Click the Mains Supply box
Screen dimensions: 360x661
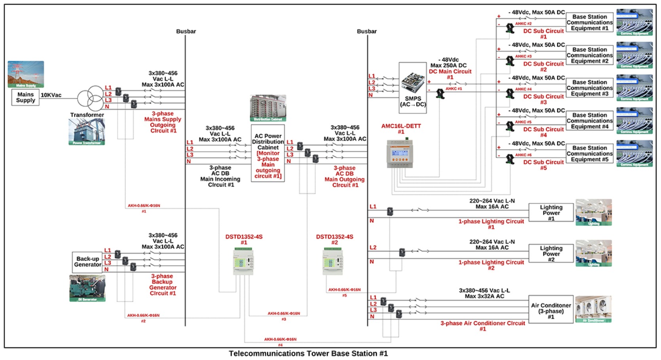point(25,97)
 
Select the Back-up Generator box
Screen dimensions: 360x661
point(87,262)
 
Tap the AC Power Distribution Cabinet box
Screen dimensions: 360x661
point(268,153)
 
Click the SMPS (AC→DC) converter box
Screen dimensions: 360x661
point(413,88)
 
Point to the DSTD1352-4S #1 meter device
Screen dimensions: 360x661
point(243,261)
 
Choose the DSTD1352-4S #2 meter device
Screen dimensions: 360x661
point(333,261)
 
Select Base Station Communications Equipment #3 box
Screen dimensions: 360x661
point(589,88)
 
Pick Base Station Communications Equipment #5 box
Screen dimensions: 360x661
point(589,154)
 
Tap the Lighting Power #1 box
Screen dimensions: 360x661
point(551,213)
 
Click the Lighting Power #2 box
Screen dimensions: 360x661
point(551,253)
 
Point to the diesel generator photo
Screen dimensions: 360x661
point(87,288)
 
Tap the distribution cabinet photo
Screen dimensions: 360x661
point(268,108)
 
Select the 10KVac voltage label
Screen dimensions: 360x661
point(51,95)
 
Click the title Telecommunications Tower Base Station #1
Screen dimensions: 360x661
point(308,353)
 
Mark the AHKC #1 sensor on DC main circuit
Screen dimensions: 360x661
point(440,94)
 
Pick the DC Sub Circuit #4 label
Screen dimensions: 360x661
point(543,132)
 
